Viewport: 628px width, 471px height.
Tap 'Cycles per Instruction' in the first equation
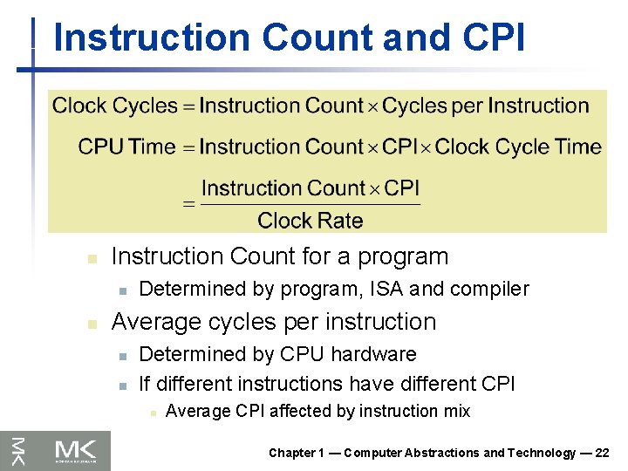click(x=486, y=106)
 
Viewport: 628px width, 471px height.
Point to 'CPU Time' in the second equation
click(x=126, y=147)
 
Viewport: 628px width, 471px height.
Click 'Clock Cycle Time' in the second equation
click(x=518, y=147)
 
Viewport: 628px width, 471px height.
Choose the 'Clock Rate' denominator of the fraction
click(x=310, y=221)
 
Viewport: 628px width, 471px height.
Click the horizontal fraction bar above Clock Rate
click(x=311, y=205)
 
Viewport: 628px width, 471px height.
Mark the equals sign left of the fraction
click(x=188, y=204)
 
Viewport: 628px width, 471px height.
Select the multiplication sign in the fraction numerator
click(x=376, y=189)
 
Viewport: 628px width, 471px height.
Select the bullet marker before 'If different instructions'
click(x=123, y=385)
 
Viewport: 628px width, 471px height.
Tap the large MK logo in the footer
click(x=79, y=450)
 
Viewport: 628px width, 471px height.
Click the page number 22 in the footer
click(x=601, y=453)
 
